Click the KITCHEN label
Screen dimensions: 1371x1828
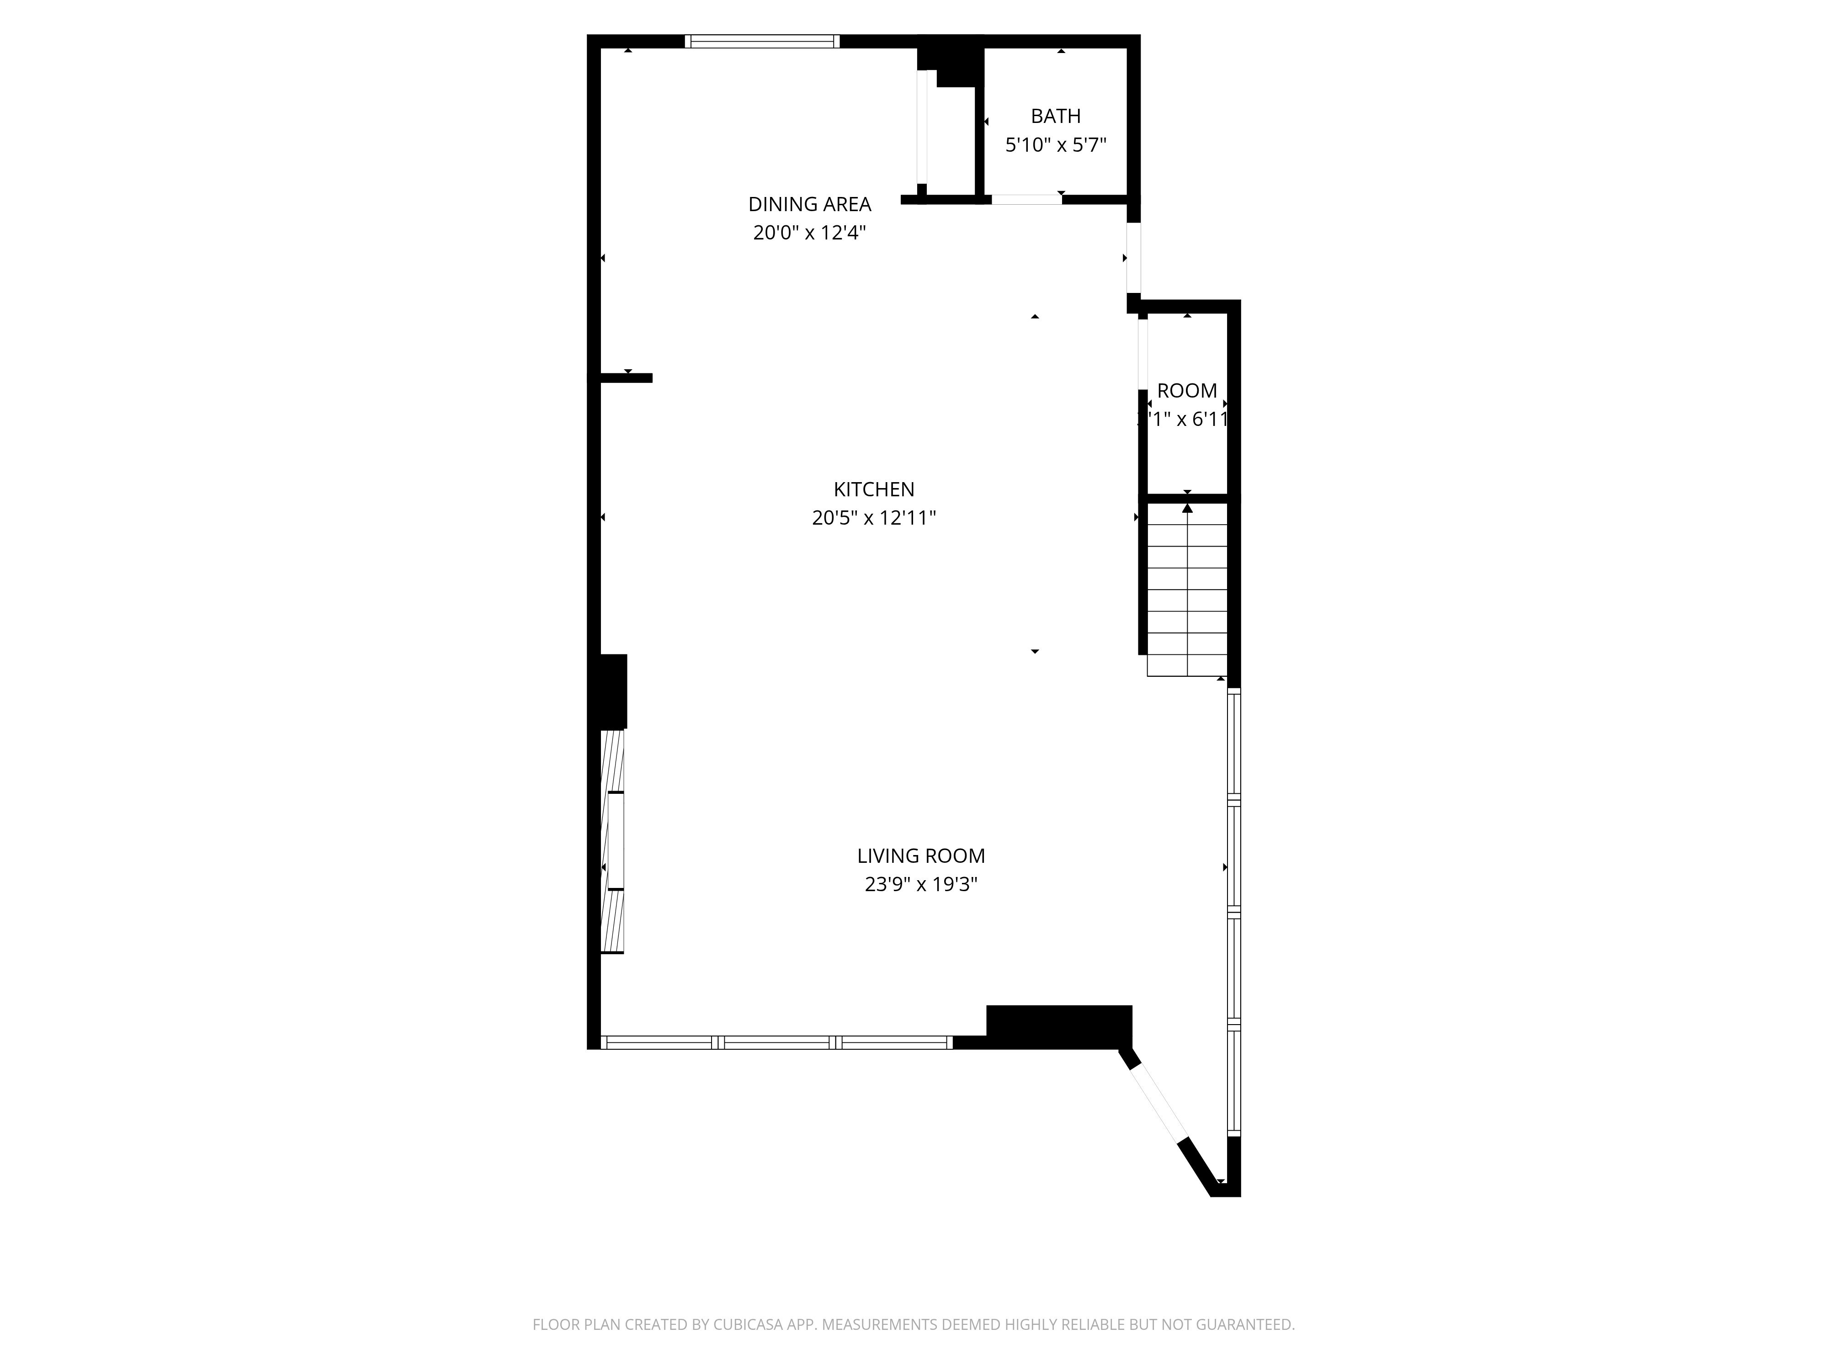(873, 489)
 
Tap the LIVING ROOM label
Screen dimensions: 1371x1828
(920, 856)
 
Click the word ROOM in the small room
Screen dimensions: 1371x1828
(1187, 391)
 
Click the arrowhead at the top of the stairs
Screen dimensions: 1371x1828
(1188, 508)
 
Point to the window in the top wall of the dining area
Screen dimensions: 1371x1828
(762, 41)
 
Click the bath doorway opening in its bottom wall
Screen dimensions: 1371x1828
(1026, 199)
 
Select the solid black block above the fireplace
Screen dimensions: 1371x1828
(612, 691)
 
